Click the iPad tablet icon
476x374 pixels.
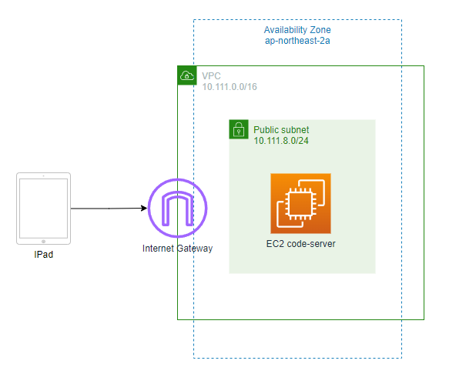click(43, 209)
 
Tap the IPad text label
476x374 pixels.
click(43, 255)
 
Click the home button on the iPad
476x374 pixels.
click(43, 242)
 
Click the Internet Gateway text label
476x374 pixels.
click(178, 249)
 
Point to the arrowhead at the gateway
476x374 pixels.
click(144, 208)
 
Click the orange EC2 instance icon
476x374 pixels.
click(300, 203)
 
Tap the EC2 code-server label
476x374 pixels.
click(301, 244)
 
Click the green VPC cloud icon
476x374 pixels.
click(187, 75)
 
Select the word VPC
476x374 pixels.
click(211, 76)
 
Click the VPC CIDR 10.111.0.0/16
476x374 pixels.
click(230, 87)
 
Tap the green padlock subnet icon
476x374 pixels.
click(239, 129)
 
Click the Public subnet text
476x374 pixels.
click(281, 130)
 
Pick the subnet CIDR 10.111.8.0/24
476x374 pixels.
click(281, 141)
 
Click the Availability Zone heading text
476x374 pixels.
click(297, 30)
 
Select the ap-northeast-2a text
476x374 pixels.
click(297, 41)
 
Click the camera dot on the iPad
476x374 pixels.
click(43, 176)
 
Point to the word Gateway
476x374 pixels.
click(195, 249)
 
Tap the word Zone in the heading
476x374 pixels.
click(320, 30)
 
